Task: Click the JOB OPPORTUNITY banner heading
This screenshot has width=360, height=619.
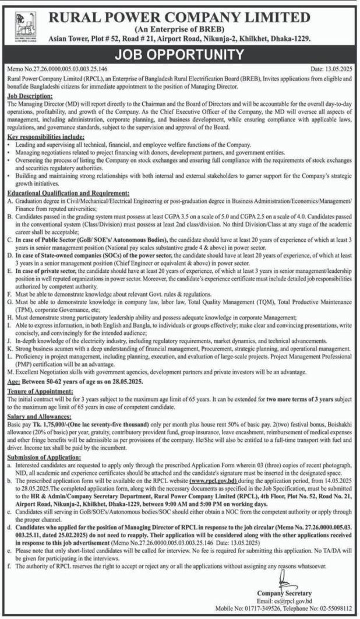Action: [179, 55]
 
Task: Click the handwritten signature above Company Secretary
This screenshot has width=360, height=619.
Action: [283, 580]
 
